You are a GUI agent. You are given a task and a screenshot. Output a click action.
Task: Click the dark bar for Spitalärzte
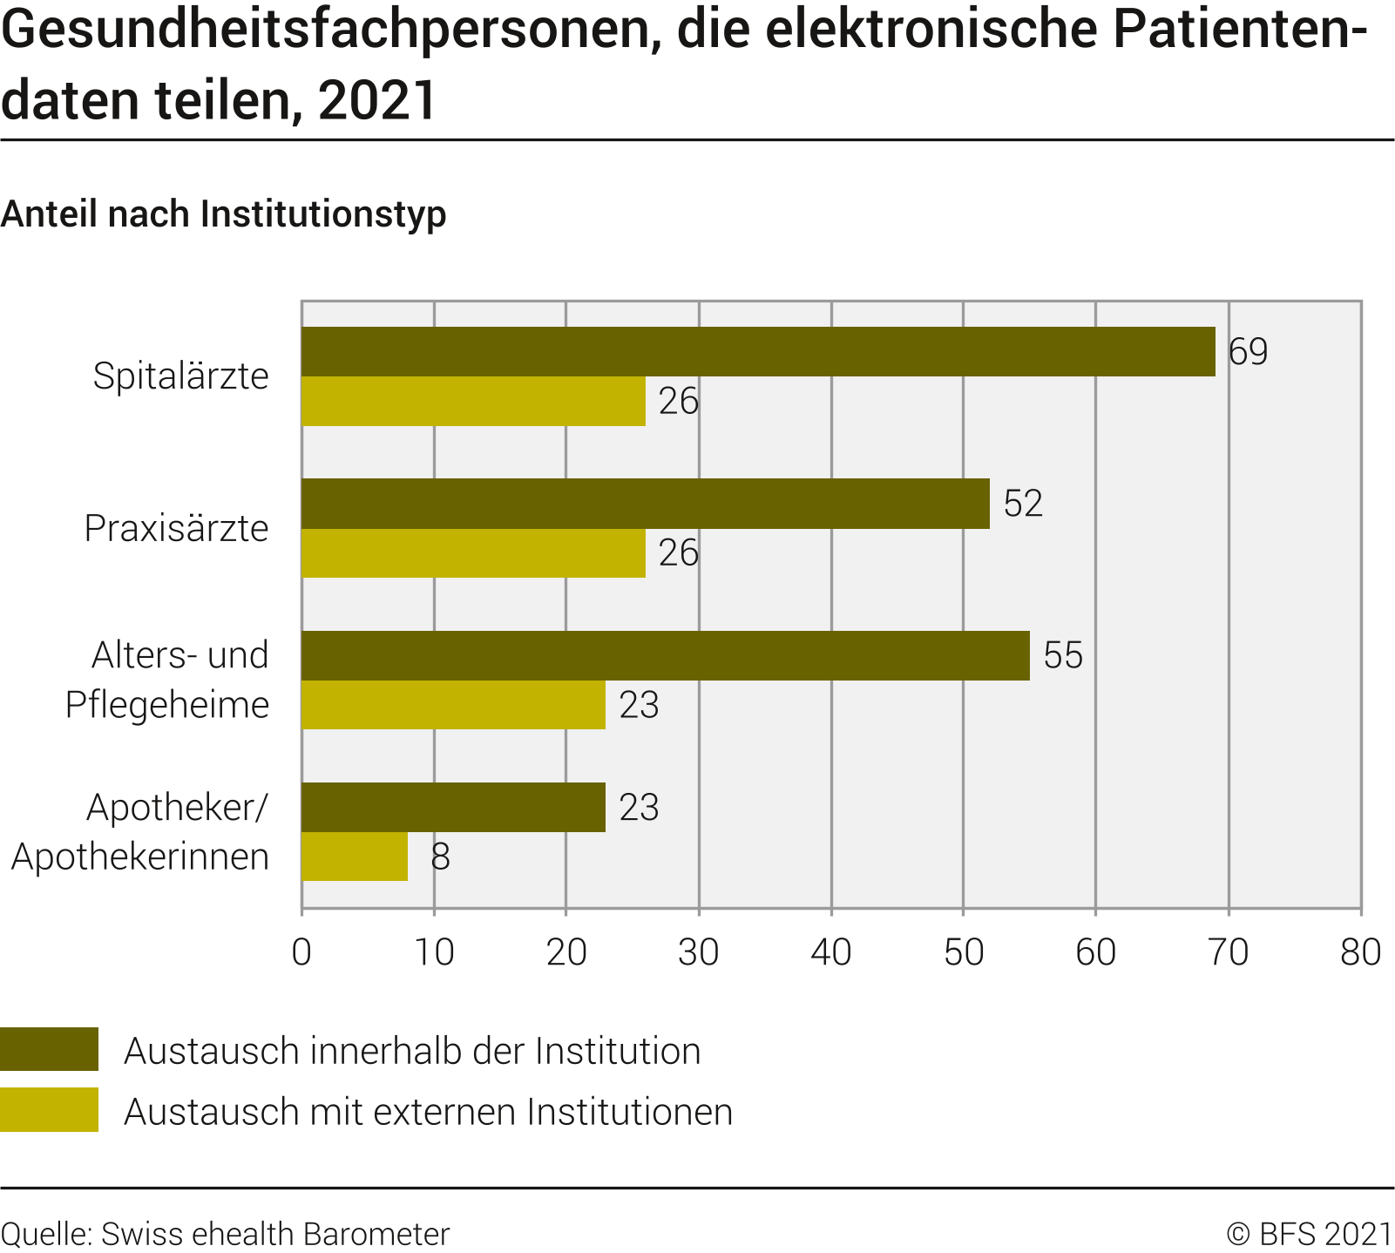coord(758,352)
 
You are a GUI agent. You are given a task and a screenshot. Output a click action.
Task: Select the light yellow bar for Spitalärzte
coord(473,401)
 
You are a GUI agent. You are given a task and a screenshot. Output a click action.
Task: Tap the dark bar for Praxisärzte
coord(645,504)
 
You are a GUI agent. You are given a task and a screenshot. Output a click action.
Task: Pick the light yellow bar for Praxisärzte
coord(473,552)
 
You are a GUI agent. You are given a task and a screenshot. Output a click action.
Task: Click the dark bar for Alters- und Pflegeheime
coord(665,655)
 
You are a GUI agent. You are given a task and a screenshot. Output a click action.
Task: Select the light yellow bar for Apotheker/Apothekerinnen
coord(355,857)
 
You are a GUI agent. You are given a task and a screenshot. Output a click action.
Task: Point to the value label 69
coord(1248,352)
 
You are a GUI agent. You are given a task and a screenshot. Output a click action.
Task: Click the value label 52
coord(1023,504)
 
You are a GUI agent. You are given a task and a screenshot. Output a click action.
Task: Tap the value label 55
coord(1063,655)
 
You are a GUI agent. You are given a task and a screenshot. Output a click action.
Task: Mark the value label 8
coord(440,857)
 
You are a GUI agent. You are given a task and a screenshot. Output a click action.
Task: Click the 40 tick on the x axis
coord(831,952)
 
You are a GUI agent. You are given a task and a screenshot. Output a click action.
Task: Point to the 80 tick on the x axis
coord(1360,952)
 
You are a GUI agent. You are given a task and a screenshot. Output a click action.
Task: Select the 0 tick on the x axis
coord(301,952)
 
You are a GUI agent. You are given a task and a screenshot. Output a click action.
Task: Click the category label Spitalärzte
coord(181,376)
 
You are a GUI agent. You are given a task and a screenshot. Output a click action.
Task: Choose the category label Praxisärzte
coord(177,528)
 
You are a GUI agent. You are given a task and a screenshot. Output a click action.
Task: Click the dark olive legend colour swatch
coord(49,1049)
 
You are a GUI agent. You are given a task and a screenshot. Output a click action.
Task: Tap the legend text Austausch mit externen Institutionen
coord(428,1112)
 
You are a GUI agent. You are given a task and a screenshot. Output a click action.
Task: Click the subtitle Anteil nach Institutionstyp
coord(224,214)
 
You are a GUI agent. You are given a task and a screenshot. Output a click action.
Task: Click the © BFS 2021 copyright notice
coord(1310,1234)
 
